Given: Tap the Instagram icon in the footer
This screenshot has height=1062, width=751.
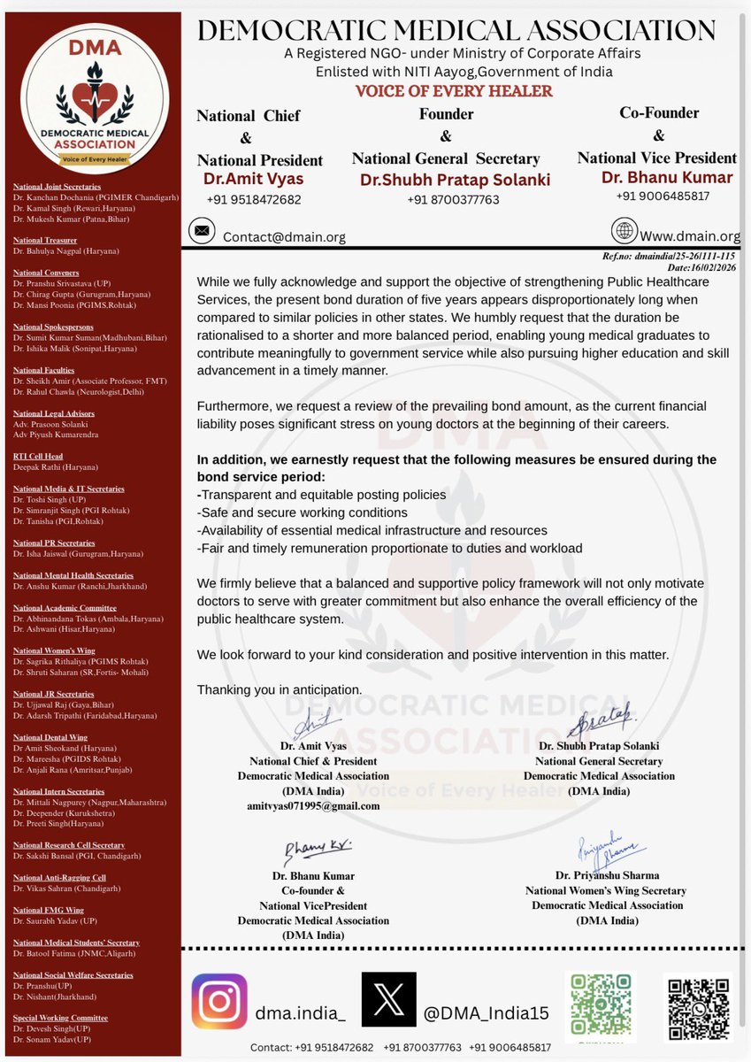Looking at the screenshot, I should (x=219, y=1001).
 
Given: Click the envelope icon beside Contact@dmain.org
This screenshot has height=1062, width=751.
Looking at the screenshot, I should (x=202, y=233).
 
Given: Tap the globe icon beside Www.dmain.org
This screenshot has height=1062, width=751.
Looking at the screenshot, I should (x=624, y=231).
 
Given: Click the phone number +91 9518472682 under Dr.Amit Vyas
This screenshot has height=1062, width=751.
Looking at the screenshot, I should (x=254, y=199).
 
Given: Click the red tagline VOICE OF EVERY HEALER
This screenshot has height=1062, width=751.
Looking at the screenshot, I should (x=454, y=91).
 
